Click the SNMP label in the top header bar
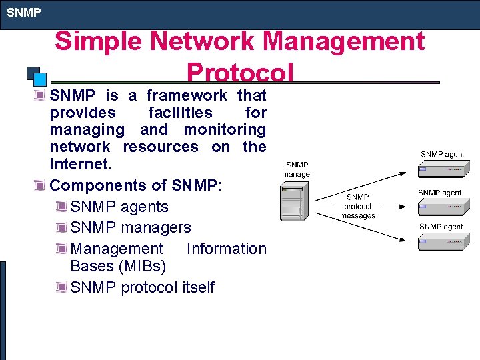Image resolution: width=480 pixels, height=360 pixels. pos(24,12)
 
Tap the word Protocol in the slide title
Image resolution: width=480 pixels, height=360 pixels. pos(240,72)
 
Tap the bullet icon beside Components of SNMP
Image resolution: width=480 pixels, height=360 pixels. pos(41,185)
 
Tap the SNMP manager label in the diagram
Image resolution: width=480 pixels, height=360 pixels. pos(297,169)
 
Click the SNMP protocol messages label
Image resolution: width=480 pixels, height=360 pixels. pos(357,206)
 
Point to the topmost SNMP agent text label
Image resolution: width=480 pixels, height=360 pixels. pos(442,154)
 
